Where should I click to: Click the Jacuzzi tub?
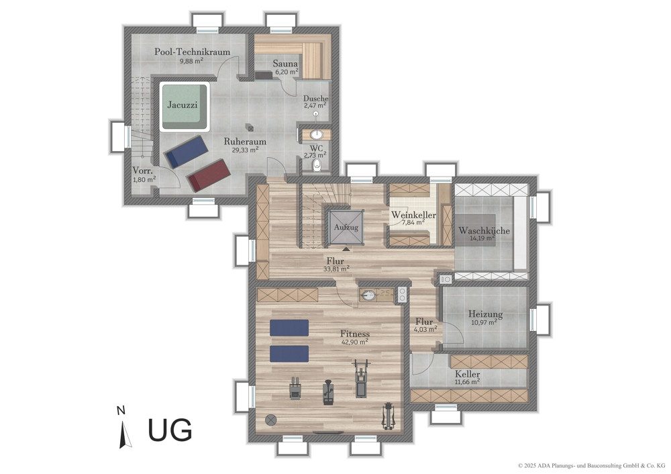pos(185,107)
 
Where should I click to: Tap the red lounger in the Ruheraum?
pos(209,175)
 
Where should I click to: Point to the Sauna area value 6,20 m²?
pos(287,72)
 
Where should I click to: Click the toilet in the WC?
pos(317,165)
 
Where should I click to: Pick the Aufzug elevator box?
pos(346,228)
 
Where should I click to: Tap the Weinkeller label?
pos(413,215)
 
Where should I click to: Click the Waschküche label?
pos(484,230)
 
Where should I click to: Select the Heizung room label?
pos(485,314)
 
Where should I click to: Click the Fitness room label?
pos(355,334)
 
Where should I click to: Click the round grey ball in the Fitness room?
pos(270,420)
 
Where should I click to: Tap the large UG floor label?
pos(170,430)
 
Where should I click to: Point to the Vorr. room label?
pos(142,170)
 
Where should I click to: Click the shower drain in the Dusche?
pos(316,113)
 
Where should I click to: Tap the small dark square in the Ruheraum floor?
pos(250,127)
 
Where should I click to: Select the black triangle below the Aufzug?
pos(346,248)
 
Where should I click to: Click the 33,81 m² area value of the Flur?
pos(337,269)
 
